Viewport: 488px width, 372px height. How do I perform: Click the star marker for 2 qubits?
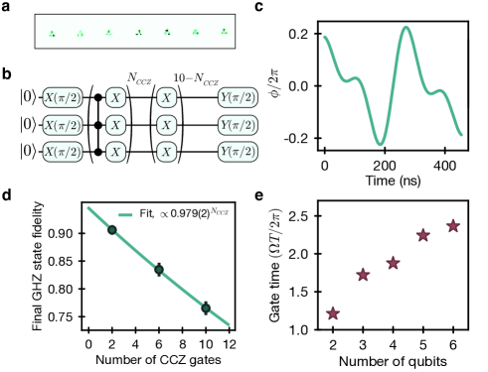(x=333, y=313)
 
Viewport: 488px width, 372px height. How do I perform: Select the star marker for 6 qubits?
(x=453, y=226)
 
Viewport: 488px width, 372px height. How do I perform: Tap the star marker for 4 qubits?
(x=394, y=263)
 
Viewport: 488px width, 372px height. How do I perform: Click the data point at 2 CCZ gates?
(x=112, y=230)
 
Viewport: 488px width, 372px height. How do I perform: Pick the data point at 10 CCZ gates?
(x=206, y=309)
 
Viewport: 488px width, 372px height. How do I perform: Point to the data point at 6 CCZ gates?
(x=159, y=269)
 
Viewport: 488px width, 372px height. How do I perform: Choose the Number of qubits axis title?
(x=393, y=362)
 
